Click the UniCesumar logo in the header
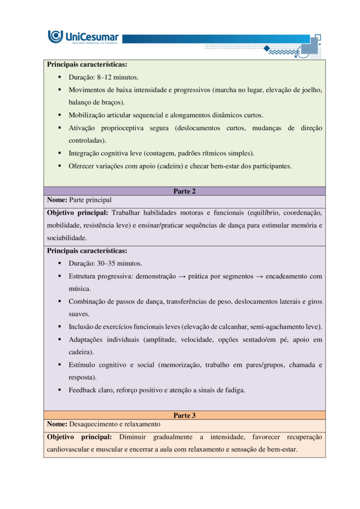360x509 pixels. [83, 37]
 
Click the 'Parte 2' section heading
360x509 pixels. [184, 191]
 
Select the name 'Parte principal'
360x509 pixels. [90, 200]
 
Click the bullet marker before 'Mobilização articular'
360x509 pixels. [59, 115]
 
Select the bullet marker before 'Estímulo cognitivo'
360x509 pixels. [59, 365]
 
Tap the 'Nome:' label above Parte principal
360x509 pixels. [57, 200]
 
